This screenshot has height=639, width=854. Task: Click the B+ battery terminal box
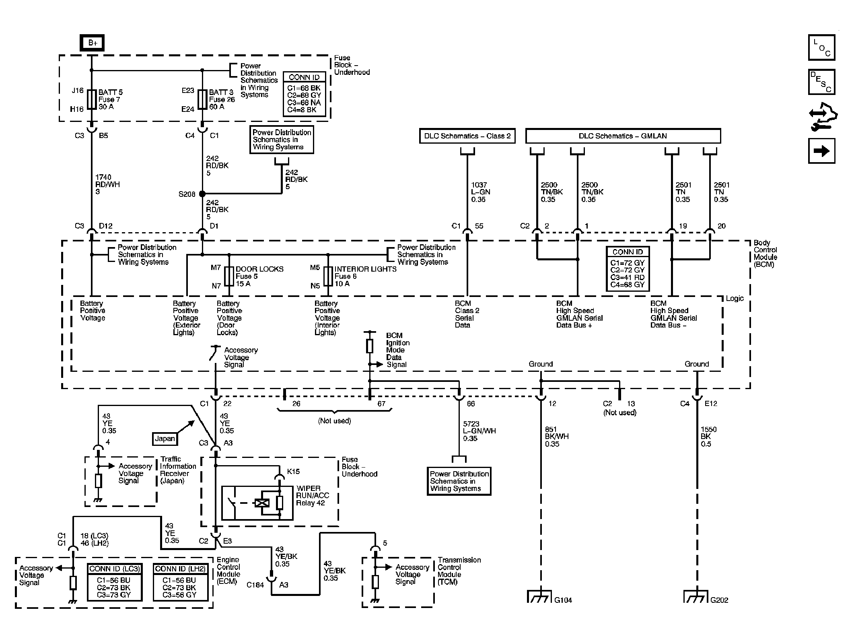point(92,43)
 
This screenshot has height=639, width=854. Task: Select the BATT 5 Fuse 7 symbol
point(92,99)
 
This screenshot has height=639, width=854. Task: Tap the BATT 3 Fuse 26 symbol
point(202,99)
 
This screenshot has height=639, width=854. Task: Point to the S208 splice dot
point(202,194)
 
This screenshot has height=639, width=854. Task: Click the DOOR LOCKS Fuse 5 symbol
point(229,276)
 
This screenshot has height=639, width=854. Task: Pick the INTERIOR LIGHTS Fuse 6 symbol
point(328,276)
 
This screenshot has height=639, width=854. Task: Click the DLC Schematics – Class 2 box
point(467,136)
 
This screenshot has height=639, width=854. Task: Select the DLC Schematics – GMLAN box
point(623,136)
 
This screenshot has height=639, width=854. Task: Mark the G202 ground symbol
point(696,596)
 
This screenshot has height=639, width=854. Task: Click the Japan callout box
point(165,439)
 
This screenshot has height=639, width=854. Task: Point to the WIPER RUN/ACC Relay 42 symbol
point(257,503)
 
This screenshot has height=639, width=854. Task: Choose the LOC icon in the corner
point(822,47)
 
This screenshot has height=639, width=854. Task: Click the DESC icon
point(822,82)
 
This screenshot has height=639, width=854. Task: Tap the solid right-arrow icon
point(822,151)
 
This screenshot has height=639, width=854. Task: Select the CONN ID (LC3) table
point(115,582)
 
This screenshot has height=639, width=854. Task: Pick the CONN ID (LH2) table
point(181,582)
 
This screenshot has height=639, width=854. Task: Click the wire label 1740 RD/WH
point(107,181)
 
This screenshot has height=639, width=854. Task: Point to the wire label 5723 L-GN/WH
point(479,427)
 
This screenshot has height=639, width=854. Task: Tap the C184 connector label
point(255,585)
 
